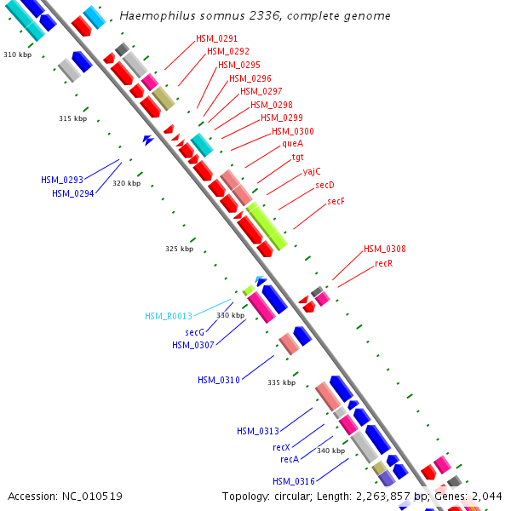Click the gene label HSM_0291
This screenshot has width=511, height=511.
(x=217, y=39)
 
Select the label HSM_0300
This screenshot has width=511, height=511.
(x=293, y=131)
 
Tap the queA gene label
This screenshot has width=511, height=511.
(x=292, y=144)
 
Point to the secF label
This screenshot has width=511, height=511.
(x=336, y=202)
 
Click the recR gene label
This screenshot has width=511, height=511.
(x=384, y=264)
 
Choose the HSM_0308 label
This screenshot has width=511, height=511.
(x=385, y=250)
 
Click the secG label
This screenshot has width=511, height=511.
(x=194, y=332)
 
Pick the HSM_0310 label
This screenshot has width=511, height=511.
(x=219, y=380)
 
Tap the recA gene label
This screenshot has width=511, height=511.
(x=290, y=460)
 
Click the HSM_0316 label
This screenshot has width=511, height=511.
(x=294, y=482)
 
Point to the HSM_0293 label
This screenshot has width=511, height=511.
(x=62, y=181)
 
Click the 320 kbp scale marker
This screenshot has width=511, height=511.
(x=126, y=184)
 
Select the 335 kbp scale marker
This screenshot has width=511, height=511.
(x=281, y=383)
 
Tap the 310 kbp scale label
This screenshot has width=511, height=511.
(x=16, y=55)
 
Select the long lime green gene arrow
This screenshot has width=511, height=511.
(x=267, y=227)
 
